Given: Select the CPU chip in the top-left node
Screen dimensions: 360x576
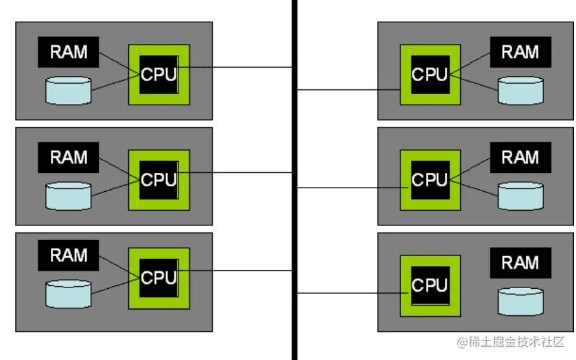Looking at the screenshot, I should (159, 75).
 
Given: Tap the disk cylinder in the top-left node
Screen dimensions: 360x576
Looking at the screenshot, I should (68, 91).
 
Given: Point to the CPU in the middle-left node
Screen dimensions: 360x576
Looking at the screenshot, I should (159, 179).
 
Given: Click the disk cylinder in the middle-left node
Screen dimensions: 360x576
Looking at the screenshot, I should (68, 196).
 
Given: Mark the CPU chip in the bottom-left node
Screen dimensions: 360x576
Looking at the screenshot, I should (159, 278).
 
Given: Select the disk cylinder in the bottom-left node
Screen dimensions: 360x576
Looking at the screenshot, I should (68, 294).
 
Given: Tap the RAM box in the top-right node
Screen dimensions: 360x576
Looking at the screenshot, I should (520, 52).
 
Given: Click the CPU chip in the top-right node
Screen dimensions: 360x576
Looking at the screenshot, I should (430, 75).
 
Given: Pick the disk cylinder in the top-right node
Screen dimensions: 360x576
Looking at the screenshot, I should (520, 91).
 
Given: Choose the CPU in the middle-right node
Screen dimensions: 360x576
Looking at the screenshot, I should (430, 179).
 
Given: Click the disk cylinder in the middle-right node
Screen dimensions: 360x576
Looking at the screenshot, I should (520, 196).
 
